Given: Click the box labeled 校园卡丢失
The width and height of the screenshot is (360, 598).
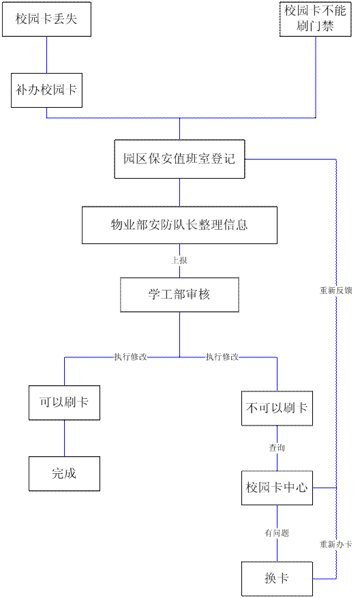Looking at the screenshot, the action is pyautogui.click(x=46, y=19).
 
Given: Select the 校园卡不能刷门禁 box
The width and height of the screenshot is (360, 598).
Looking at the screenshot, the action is pyautogui.click(x=316, y=19).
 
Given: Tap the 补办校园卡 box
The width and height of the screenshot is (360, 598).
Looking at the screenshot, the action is pyautogui.click(x=46, y=91).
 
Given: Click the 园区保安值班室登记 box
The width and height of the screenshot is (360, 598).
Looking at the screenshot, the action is pyautogui.click(x=179, y=159).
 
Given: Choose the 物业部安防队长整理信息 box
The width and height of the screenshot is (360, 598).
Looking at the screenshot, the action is pyautogui.click(x=179, y=225).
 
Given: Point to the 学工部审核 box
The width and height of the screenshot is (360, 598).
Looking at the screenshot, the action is pyautogui.click(x=179, y=295).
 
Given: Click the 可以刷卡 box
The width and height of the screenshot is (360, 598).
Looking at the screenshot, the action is pyautogui.click(x=65, y=403).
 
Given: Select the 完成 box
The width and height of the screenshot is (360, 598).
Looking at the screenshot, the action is pyautogui.click(x=65, y=474).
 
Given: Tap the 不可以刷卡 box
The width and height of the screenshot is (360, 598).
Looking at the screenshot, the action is pyautogui.click(x=277, y=408).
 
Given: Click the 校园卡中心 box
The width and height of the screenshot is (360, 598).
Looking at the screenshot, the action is pyautogui.click(x=277, y=488).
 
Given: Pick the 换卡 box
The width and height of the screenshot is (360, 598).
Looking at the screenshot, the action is pyautogui.click(x=277, y=579).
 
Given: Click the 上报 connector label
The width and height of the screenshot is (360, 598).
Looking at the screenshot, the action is pyautogui.click(x=179, y=260).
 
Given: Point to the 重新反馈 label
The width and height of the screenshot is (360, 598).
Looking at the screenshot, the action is pyautogui.click(x=335, y=290).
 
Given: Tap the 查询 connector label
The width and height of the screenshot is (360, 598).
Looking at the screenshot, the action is pyautogui.click(x=277, y=448).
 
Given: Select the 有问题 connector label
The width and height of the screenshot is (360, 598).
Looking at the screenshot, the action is pyautogui.click(x=277, y=533).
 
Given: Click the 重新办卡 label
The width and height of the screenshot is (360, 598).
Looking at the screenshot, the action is pyautogui.click(x=335, y=544).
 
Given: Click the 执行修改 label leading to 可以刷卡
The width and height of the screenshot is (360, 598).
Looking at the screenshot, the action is pyautogui.click(x=130, y=357).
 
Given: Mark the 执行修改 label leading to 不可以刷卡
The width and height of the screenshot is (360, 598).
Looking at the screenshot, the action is pyautogui.click(x=222, y=357).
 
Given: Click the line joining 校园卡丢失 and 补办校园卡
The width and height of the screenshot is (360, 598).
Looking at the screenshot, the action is pyautogui.click(x=47, y=55).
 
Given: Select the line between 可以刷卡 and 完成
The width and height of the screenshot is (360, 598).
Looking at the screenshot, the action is pyautogui.click(x=65, y=438).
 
